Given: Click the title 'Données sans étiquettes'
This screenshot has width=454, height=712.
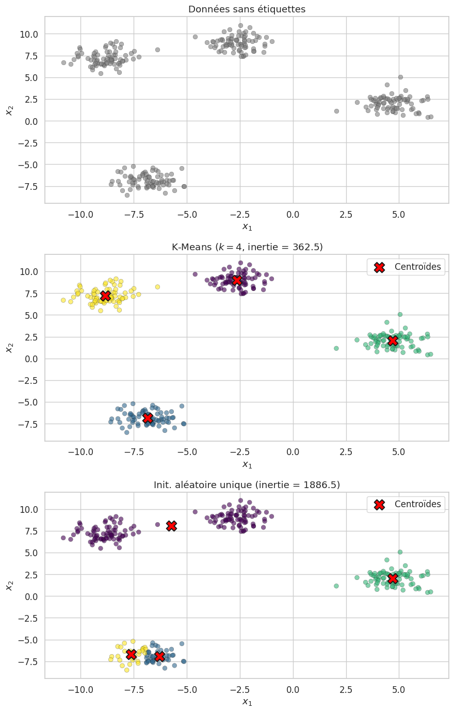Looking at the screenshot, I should (x=247, y=9).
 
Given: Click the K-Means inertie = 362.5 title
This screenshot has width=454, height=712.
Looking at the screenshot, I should (x=247, y=247).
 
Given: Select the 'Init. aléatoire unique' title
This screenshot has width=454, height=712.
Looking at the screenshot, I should (x=247, y=485).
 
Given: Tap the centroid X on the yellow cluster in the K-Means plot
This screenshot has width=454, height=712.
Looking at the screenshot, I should (x=105, y=296).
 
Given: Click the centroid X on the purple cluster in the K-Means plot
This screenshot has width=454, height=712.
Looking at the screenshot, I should (x=237, y=280).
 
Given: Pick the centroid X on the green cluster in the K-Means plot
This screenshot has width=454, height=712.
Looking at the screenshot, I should (x=393, y=341).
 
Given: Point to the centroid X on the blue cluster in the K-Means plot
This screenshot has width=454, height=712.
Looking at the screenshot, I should (x=148, y=418).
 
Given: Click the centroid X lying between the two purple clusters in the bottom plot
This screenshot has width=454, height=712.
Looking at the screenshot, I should (x=171, y=526).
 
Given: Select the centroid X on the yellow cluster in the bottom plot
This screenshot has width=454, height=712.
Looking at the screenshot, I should (x=131, y=654).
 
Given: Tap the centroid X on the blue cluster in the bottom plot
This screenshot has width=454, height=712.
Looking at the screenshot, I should (x=159, y=656).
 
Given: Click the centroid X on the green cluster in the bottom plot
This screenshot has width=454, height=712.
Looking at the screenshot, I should (x=393, y=578).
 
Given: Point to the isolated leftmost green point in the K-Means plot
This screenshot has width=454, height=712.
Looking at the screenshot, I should (x=336, y=348).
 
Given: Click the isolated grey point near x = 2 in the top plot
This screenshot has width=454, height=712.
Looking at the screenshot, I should (x=336, y=111).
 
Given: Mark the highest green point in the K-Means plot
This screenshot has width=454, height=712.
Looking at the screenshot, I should (x=400, y=314).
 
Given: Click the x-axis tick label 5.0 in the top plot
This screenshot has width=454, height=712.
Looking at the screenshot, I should (x=398, y=214).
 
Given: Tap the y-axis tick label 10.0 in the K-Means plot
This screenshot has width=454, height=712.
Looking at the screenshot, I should (x=28, y=272).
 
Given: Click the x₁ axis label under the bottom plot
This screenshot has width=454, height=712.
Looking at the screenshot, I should (x=247, y=702).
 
